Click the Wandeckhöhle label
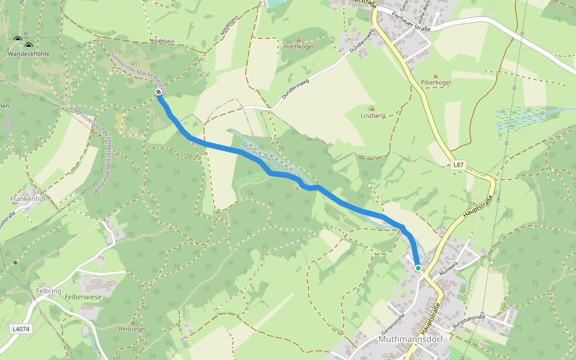pyautogui.click(x=29, y=54)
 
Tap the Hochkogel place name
pyautogui.click(x=299, y=46)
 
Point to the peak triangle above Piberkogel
pyautogui.click(x=436, y=73)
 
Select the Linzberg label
pyautogui.click(x=372, y=115)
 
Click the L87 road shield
pyautogui.click(x=458, y=164)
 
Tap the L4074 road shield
pyautogui.click(x=20, y=329)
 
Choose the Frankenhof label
pyautogui.click(x=28, y=198)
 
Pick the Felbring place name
pyautogui.click(x=49, y=290)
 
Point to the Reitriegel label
pyautogui.click(x=133, y=329)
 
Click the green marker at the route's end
pyautogui.click(x=418, y=268)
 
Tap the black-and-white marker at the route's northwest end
pyautogui.click(x=158, y=92)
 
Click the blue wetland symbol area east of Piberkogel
pyautogui.click(x=520, y=118)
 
